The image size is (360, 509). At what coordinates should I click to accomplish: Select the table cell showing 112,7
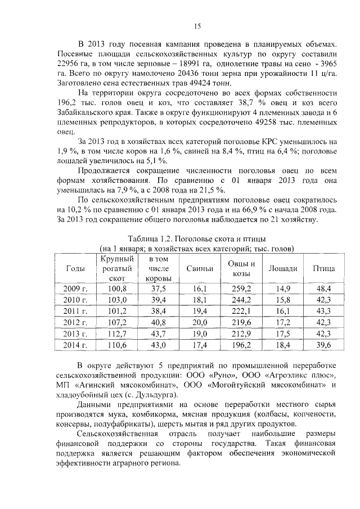(x=118, y=334)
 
